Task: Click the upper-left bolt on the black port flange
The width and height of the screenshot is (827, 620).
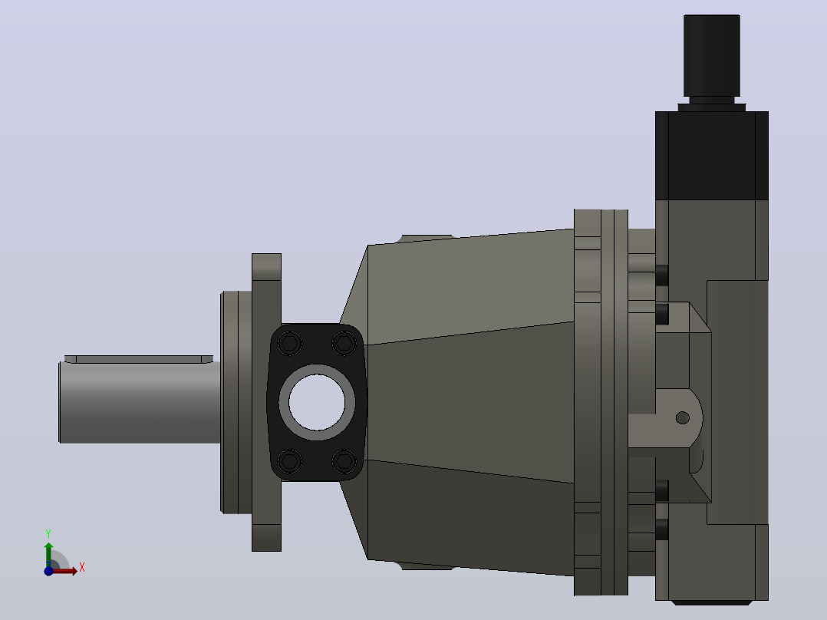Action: coord(289,344)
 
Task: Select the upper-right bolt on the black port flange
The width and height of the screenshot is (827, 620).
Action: coord(344,344)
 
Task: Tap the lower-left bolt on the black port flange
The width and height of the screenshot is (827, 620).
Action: coord(289,461)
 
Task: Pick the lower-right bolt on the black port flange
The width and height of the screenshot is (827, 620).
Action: coord(344,461)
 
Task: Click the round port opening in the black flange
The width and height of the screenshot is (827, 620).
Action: coord(316,402)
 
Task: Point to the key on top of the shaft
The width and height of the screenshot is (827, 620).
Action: coord(139,359)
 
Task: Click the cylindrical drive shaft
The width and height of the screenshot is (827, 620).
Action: coord(140,402)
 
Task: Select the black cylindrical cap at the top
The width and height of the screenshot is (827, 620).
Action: coord(711,55)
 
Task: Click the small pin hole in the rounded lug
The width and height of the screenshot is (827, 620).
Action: coord(683,418)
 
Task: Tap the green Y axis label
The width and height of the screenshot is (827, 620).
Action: coord(48,533)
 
